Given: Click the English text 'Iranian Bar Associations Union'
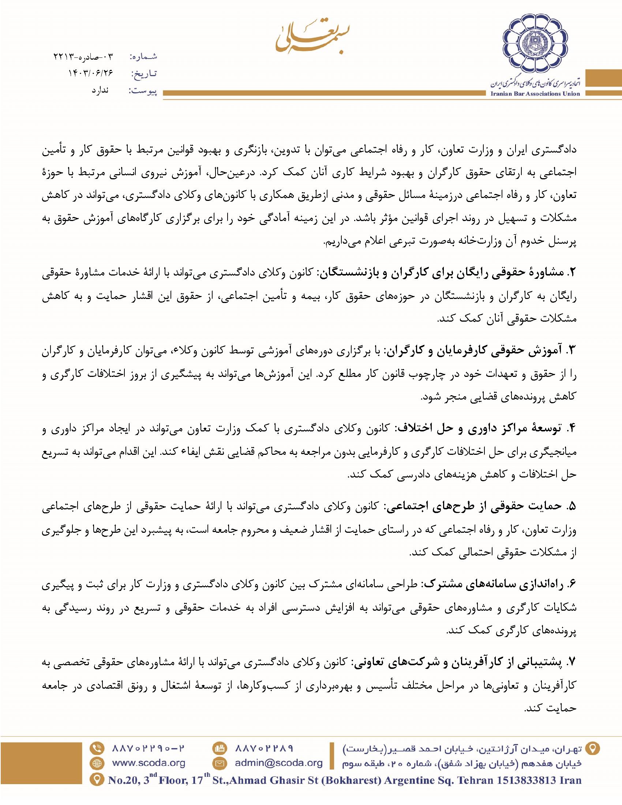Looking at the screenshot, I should [x=535, y=94].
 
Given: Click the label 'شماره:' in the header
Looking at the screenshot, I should [x=144, y=57].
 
